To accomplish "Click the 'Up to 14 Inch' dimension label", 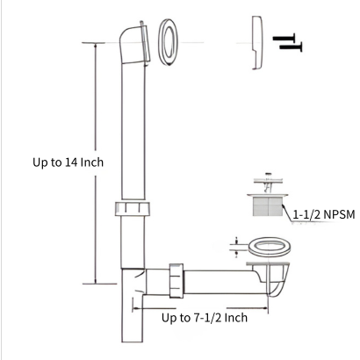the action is [x=68, y=162].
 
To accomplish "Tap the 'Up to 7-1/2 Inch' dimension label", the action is [x=205, y=318].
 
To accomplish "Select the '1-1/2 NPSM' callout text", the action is [x=324, y=215].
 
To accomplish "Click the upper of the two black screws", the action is [x=284, y=38].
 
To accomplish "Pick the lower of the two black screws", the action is [x=291, y=47].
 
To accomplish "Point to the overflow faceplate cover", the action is [x=257, y=43].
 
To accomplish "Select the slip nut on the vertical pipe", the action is [x=133, y=209].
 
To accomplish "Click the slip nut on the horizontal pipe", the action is [x=176, y=281].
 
